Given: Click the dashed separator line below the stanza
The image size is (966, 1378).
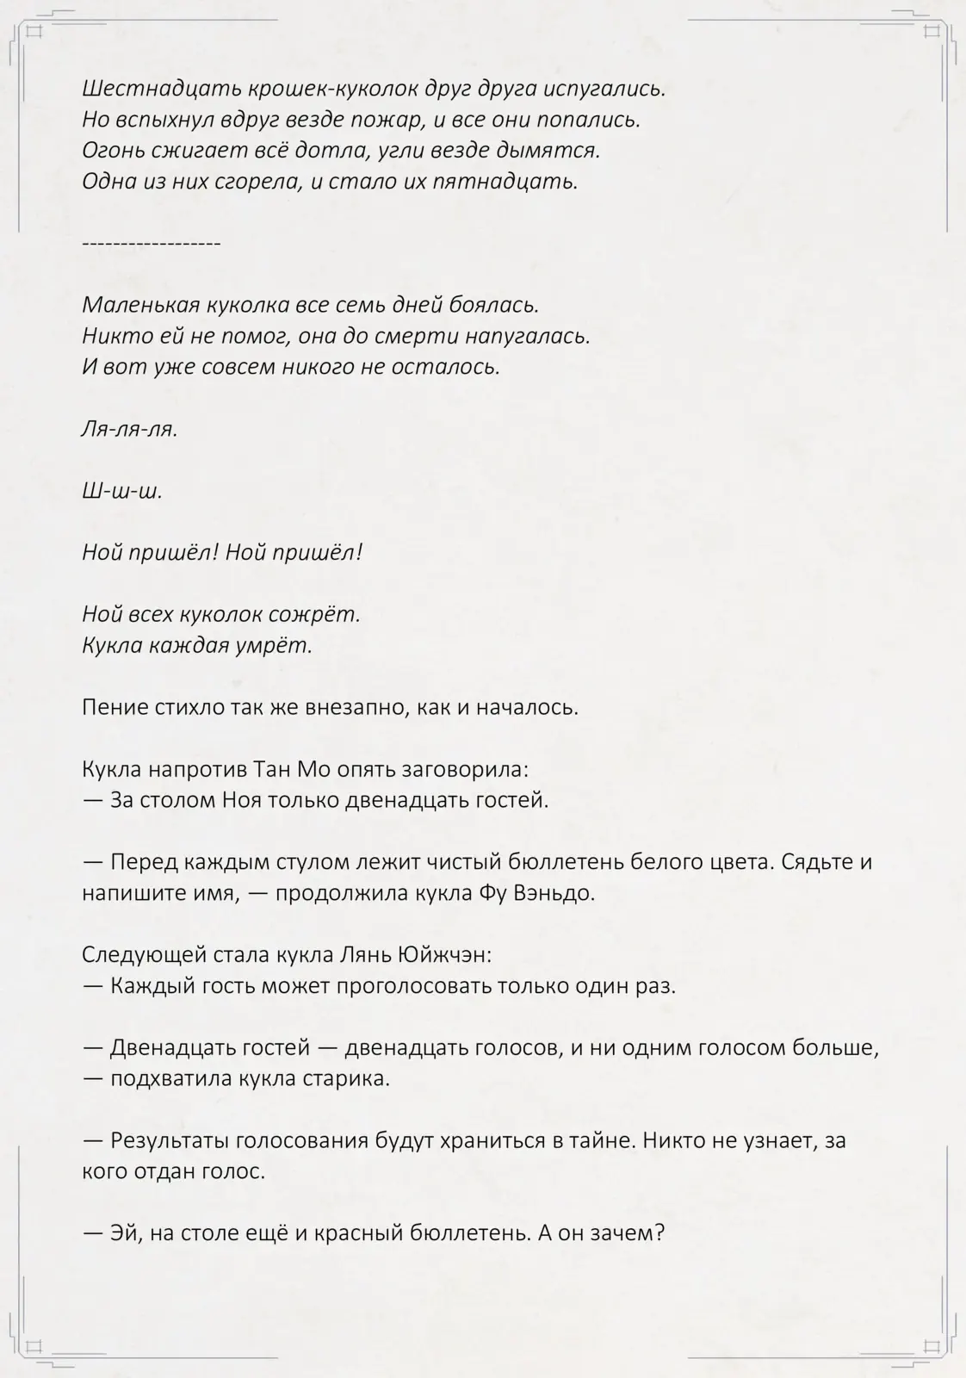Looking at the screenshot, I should [152, 244].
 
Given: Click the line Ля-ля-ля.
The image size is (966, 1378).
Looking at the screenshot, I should [130, 429].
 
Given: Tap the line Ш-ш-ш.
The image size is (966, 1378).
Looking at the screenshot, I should [122, 491].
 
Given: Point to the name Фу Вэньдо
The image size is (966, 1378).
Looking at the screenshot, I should [536, 893].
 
